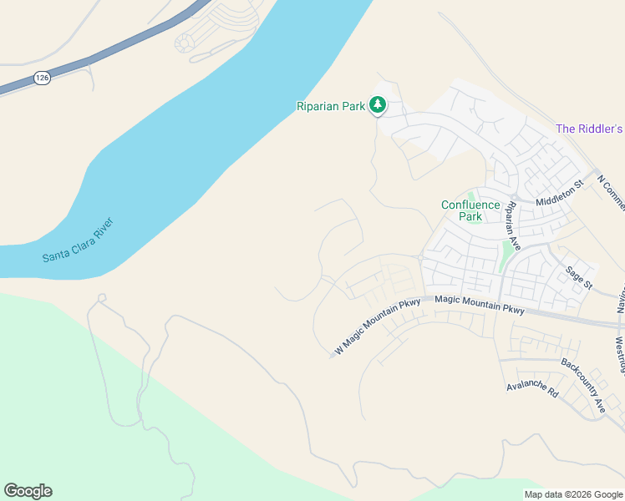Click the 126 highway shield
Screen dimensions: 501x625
(x=41, y=78)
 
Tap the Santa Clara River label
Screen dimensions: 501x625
(x=78, y=240)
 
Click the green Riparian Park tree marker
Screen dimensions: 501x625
(x=379, y=104)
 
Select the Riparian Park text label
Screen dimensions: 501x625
(x=332, y=106)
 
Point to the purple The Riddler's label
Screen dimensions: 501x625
(x=590, y=129)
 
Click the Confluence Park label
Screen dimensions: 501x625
(x=470, y=210)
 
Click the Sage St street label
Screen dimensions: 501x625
(x=578, y=277)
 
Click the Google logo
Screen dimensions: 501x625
(x=28, y=491)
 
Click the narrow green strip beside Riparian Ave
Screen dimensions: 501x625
(x=506, y=256)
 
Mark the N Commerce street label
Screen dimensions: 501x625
(x=612, y=188)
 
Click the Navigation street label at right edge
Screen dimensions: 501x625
(x=621, y=305)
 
